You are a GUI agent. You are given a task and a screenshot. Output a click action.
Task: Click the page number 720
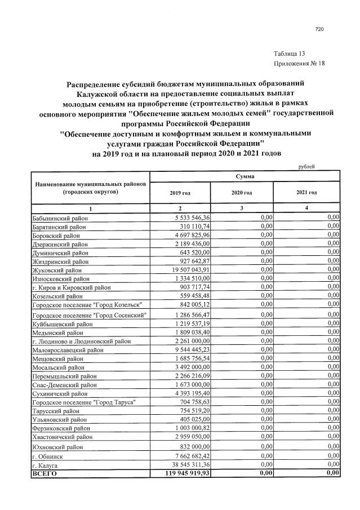coord(319,30)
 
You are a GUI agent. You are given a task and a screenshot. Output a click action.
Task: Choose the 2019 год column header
coord(180,193)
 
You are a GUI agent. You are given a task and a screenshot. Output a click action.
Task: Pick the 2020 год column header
coord(241,193)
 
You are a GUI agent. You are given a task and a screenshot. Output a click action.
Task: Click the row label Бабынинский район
coord(59,217)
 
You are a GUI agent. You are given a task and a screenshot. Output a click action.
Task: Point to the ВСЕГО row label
coord(45,474)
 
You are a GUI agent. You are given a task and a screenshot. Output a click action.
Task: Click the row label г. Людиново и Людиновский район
coord(82,340)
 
